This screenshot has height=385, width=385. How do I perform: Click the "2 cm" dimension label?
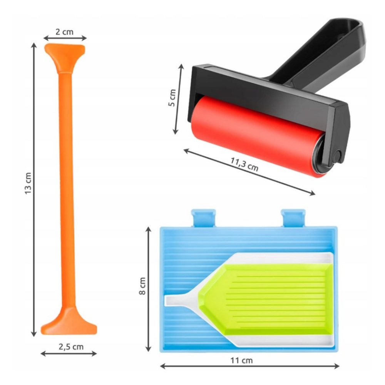pos(64,32)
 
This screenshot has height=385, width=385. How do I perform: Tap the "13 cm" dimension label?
pos(28,183)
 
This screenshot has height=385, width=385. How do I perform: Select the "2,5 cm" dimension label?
pos(71,347)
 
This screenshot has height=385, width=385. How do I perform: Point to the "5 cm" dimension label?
pos(172,98)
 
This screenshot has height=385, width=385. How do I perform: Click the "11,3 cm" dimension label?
pos(244,164)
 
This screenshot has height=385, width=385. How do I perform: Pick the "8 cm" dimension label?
pos(142,286)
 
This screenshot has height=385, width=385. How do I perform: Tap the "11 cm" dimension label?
pos(241,360)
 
